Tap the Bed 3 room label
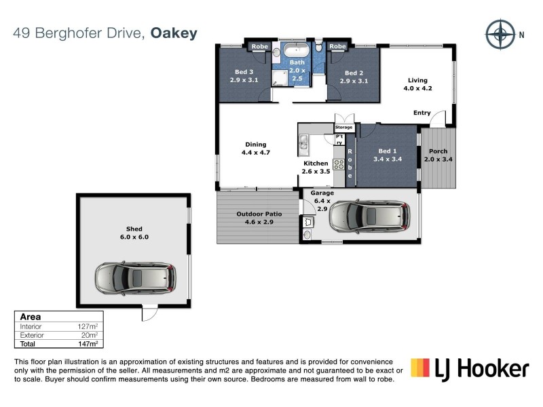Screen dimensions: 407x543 click(244, 77)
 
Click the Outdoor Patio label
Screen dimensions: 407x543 click(259, 218)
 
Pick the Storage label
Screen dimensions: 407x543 click(344, 128)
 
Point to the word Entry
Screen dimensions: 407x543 click(422, 113)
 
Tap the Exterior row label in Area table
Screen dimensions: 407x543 click(32, 335)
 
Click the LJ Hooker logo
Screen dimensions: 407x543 click(470, 369)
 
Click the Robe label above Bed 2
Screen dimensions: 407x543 click(337, 46)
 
